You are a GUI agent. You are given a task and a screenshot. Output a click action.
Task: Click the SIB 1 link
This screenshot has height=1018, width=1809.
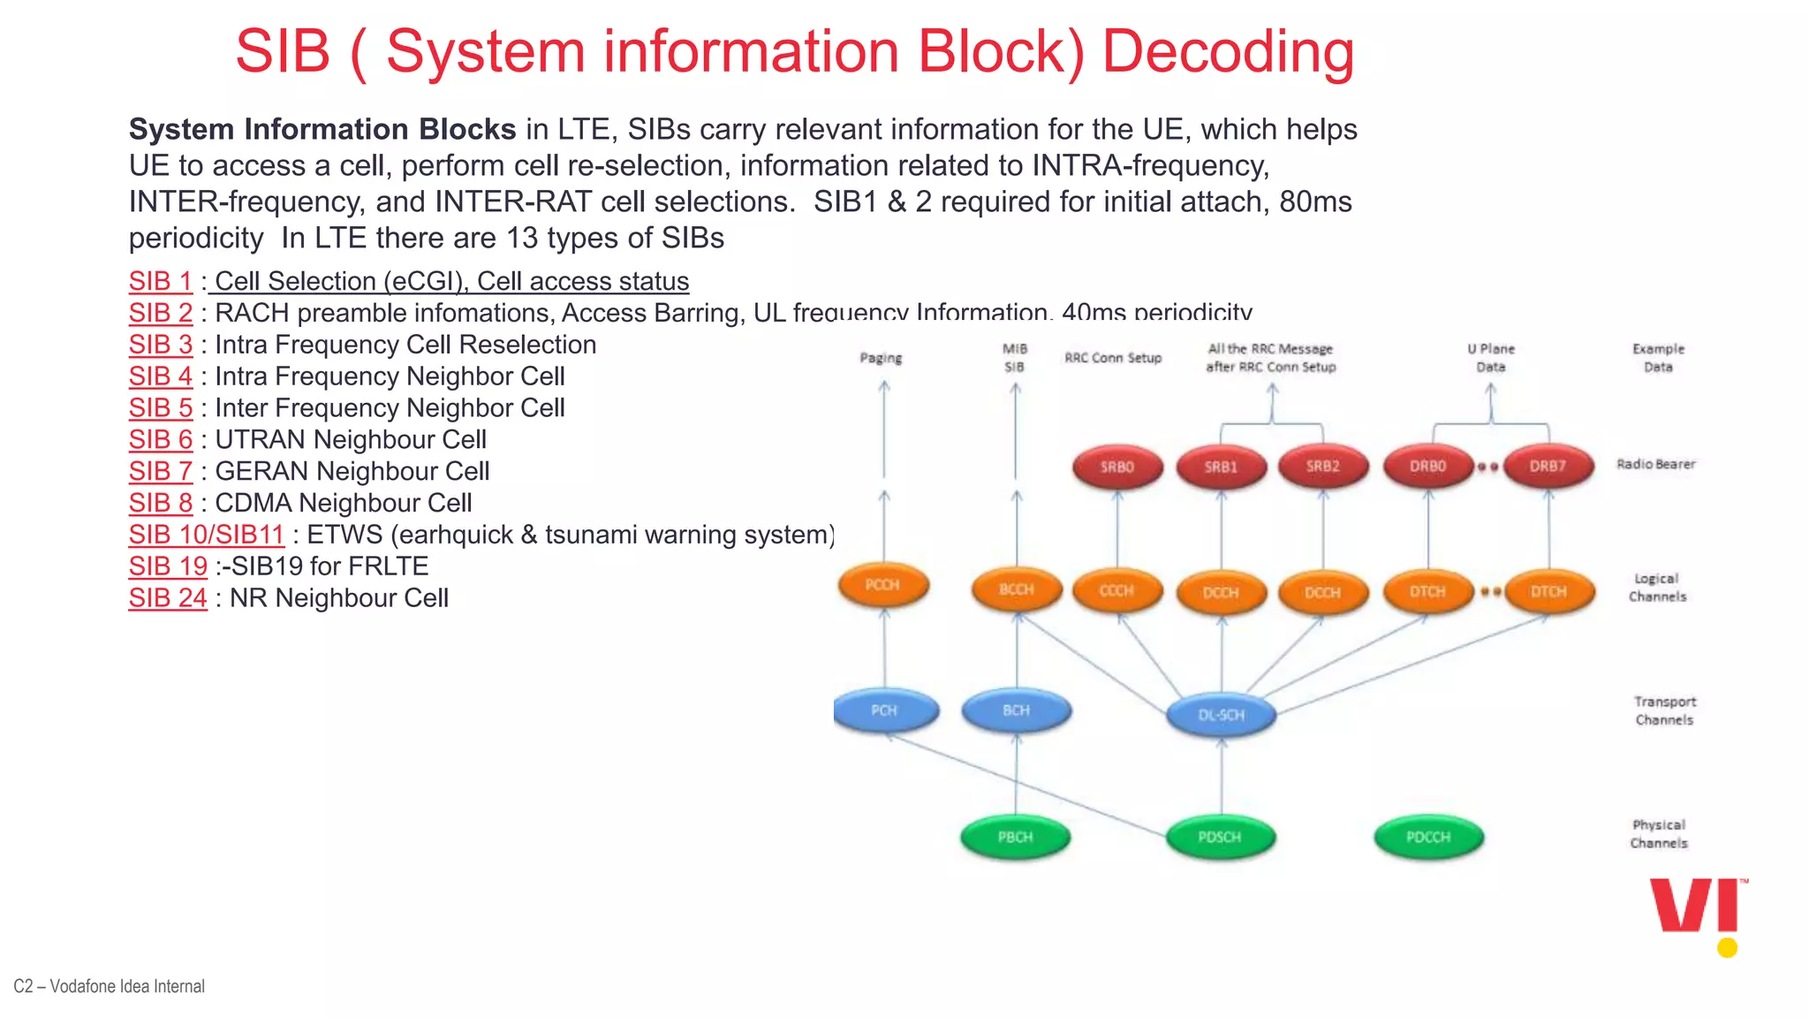(x=160, y=281)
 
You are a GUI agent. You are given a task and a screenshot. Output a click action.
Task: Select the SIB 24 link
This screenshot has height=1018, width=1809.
(x=167, y=598)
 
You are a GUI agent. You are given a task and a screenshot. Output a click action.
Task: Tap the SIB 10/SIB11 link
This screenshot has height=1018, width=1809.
(x=206, y=535)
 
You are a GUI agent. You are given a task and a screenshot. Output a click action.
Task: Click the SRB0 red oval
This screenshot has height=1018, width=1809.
(x=1116, y=467)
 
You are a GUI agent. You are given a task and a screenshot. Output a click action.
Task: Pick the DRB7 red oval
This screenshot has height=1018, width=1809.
(x=1548, y=466)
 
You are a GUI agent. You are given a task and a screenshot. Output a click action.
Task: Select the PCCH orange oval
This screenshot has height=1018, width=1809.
(x=882, y=585)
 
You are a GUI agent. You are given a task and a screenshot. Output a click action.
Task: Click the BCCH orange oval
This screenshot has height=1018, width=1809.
(x=1016, y=589)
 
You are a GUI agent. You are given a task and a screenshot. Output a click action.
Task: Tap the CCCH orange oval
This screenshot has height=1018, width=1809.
(x=1116, y=590)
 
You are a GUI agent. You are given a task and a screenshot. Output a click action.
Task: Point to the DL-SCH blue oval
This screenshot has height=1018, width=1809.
(x=1221, y=715)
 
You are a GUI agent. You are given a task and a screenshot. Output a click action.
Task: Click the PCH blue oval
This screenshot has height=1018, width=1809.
(x=884, y=710)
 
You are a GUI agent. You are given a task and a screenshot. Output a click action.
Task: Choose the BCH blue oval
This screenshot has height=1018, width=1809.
(x=1016, y=710)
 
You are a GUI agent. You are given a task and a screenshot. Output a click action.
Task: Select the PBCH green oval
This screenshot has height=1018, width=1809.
(x=1015, y=837)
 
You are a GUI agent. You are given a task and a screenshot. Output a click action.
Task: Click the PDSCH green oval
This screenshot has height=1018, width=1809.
(x=1220, y=837)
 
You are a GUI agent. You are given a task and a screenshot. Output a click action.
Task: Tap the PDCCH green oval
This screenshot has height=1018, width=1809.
(x=1428, y=837)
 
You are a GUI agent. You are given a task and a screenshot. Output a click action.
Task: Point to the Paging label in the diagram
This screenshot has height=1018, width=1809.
(x=881, y=358)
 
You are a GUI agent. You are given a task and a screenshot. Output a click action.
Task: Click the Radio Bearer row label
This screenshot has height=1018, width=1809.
(x=1655, y=464)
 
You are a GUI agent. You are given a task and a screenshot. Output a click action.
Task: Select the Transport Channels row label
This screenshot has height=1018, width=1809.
(x=1664, y=710)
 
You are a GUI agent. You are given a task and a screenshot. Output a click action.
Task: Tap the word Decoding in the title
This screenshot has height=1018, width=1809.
(x=1228, y=51)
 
